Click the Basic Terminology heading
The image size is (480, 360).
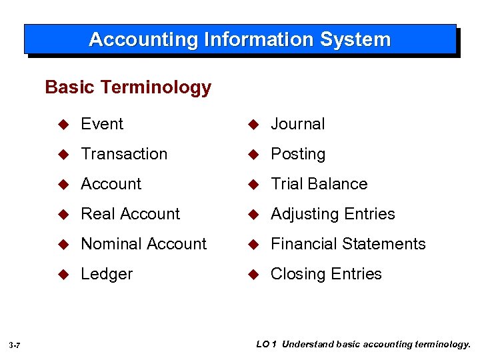[x=128, y=87]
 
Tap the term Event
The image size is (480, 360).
[x=102, y=124]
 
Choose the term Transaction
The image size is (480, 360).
[x=124, y=154]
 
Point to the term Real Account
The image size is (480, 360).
[x=130, y=214]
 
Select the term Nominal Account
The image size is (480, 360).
[x=143, y=244]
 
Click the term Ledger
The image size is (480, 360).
[x=107, y=274]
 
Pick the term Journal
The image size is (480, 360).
[x=297, y=124]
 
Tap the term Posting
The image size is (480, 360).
[x=297, y=154]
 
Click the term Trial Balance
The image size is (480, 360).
[x=319, y=184]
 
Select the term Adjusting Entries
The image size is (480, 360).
[x=333, y=214]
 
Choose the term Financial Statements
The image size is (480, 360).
[x=347, y=244]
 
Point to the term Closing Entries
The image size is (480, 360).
[x=326, y=274]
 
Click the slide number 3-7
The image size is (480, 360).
[x=15, y=345]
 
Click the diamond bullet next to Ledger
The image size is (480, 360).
[x=64, y=275]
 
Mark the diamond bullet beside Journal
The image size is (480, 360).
[x=253, y=125]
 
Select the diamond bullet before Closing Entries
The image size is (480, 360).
[x=253, y=275]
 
